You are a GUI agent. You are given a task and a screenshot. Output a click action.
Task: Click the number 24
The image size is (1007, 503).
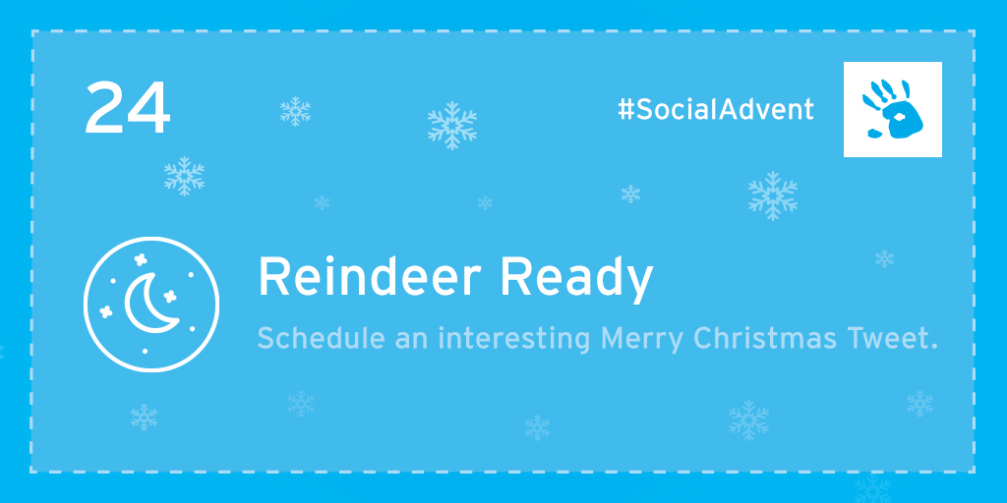[x=127, y=108]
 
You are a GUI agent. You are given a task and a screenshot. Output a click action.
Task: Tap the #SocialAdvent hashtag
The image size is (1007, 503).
[x=716, y=110]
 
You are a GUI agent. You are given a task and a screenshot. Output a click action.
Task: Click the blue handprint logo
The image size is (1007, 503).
[x=893, y=109]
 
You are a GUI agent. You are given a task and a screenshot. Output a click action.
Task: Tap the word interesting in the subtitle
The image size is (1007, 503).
[x=513, y=339]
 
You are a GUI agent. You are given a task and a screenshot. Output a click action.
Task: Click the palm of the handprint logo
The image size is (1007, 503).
[x=902, y=120]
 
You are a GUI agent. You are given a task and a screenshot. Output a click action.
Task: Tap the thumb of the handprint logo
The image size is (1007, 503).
[x=874, y=133]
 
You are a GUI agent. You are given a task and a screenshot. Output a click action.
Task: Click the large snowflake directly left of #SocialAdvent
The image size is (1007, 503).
[x=452, y=125]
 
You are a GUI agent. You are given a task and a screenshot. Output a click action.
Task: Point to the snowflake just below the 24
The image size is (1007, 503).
[x=184, y=176]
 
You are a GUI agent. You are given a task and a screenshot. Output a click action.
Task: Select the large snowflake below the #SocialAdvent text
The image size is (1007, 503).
[x=773, y=196]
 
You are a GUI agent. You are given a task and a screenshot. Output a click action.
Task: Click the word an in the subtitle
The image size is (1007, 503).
[x=412, y=341]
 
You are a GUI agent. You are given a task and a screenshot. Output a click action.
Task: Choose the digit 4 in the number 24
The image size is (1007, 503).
[x=148, y=108]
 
